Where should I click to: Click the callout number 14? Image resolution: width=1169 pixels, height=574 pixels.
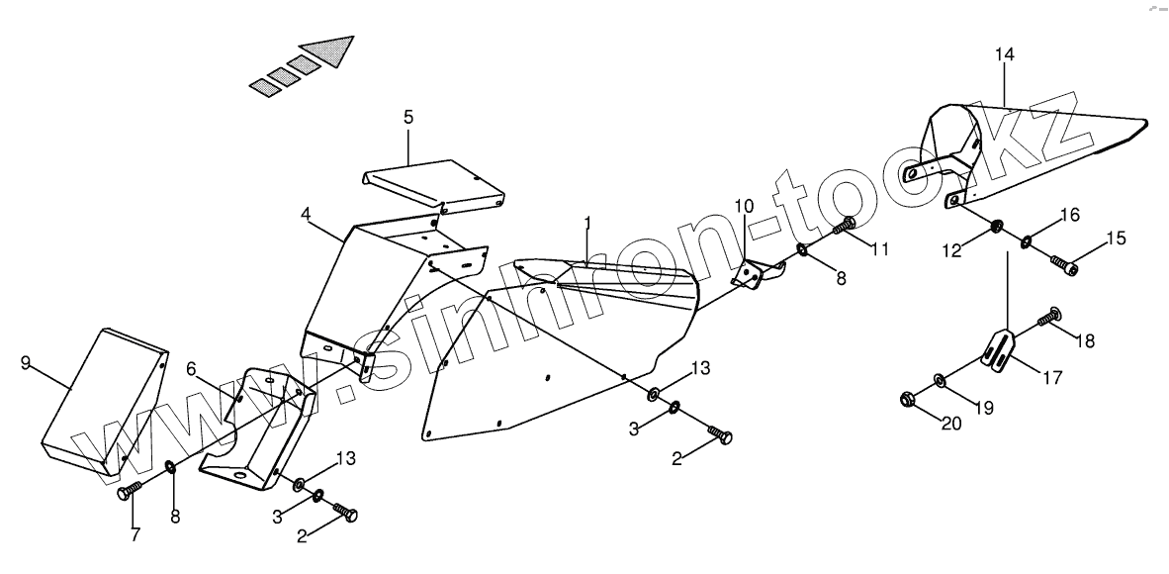point(1004,55)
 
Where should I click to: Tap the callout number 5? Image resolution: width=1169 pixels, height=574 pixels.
point(408,117)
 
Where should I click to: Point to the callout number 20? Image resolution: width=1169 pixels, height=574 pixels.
point(950,425)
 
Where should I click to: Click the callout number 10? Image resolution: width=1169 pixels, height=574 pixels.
point(744,207)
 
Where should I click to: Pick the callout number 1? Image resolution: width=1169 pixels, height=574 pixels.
point(586,223)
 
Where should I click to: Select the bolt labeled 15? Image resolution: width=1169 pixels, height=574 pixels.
point(1061,264)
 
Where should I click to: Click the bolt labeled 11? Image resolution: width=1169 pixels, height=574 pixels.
point(844,227)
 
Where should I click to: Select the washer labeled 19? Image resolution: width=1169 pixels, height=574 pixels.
point(938,380)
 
